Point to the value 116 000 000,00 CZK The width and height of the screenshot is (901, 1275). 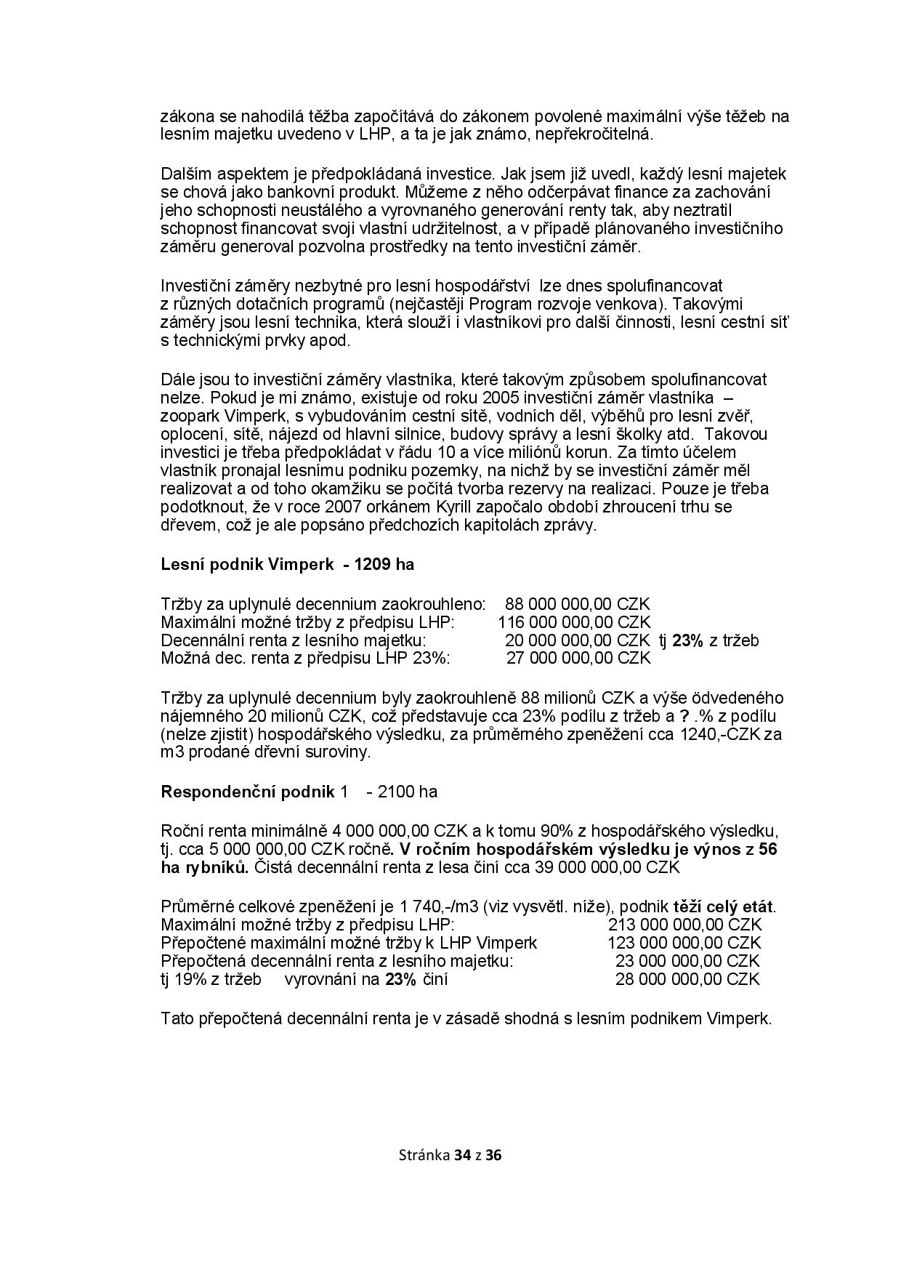point(574,622)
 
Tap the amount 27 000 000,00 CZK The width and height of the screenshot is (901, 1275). point(578,658)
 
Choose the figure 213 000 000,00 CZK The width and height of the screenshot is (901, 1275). point(684,925)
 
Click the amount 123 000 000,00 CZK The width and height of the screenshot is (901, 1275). point(684,943)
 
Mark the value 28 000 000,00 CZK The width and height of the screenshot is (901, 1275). point(687,979)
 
